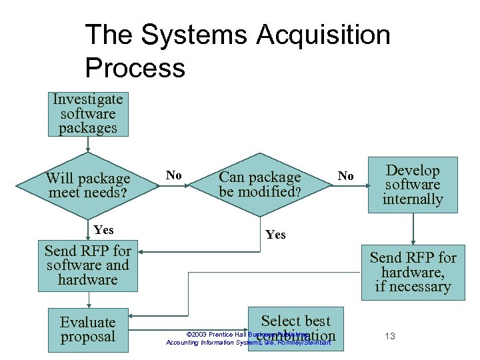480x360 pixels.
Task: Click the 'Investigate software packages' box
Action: click(88, 114)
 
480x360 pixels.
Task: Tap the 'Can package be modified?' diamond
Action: click(260, 185)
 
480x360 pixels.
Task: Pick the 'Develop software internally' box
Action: click(413, 185)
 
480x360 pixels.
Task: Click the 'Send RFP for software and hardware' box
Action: click(87, 265)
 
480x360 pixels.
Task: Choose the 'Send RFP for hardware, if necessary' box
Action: click(413, 272)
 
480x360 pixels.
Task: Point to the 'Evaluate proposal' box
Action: click(88, 329)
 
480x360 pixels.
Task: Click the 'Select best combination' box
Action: click(295, 328)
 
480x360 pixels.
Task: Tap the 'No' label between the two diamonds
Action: click(174, 175)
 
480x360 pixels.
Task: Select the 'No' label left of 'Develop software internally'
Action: click(345, 176)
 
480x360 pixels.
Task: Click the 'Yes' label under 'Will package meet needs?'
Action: click(104, 230)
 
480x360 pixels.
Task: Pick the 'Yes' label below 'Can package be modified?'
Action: click(275, 235)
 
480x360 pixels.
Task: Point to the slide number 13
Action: click(390, 336)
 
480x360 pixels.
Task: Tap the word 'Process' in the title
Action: click(135, 67)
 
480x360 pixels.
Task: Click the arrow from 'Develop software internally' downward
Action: click(413, 229)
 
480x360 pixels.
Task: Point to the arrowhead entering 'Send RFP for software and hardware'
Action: click(141, 252)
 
